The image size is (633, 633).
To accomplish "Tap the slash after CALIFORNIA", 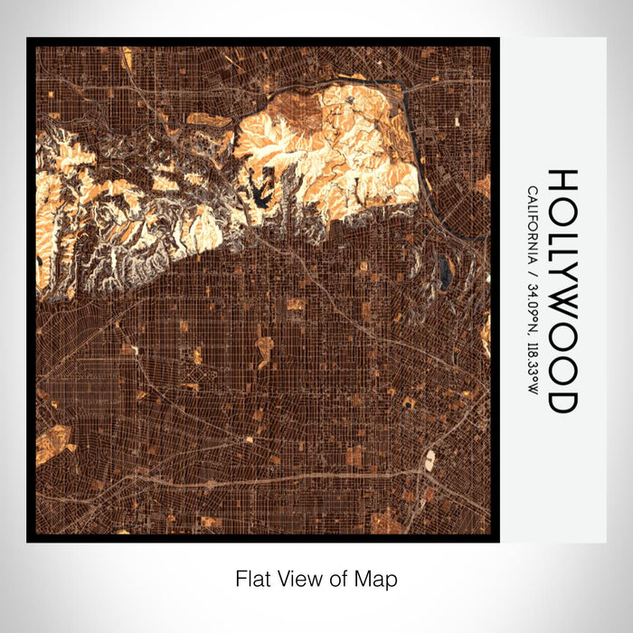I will click(532, 271).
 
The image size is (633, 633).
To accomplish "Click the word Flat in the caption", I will click(250, 578).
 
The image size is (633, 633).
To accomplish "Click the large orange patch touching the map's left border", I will click(52, 443).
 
